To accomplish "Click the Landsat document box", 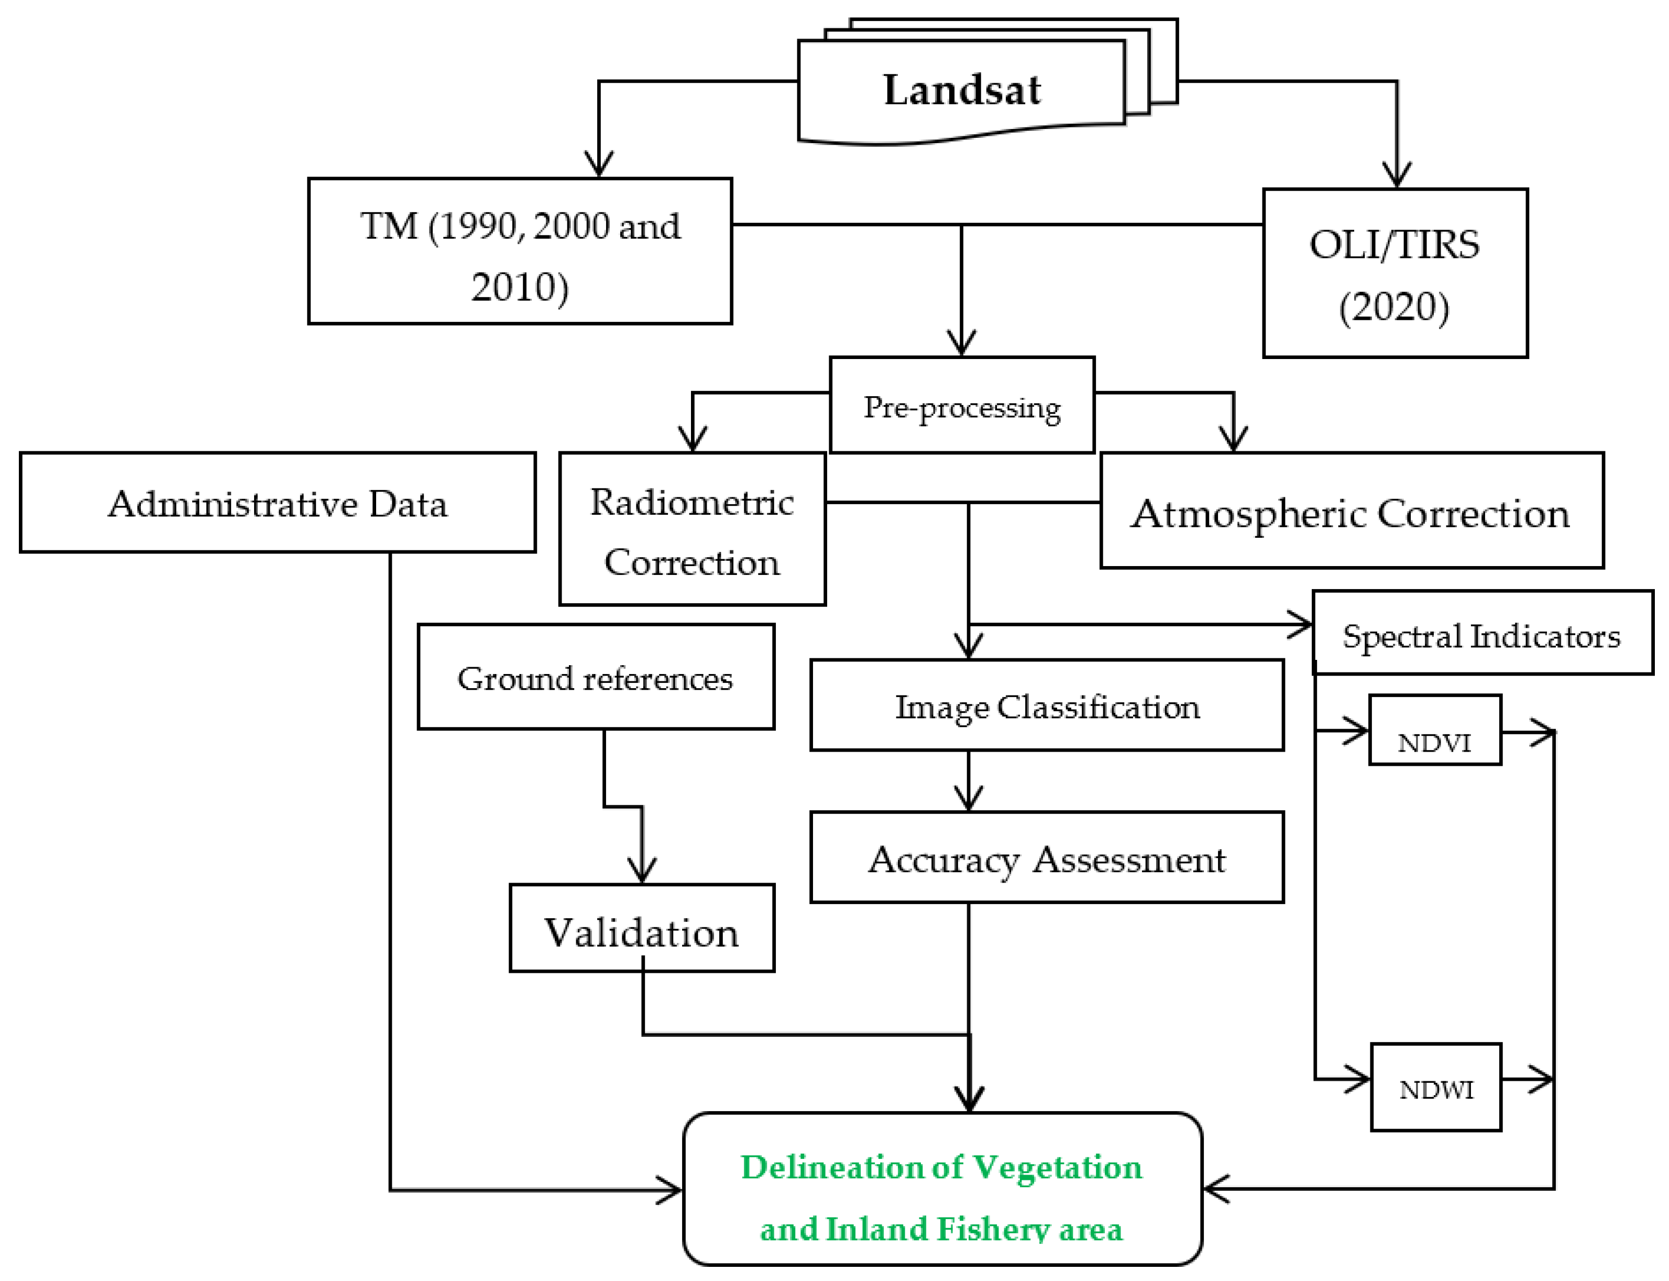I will [x=962, y=90].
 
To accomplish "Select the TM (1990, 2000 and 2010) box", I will [x=520, y=252].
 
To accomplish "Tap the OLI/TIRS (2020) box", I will [x=1395, y=273].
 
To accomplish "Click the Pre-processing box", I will [x=962, y=406].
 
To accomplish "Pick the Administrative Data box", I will [x=278, y=503].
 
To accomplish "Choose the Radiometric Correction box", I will [x=692, y=529].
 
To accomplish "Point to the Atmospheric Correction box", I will [x=1350, y=511].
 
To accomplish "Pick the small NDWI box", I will [x=1436, y=1087].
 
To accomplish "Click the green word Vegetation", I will [x=1058, y=1167].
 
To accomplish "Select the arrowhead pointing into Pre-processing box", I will [x=962, y=343].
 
